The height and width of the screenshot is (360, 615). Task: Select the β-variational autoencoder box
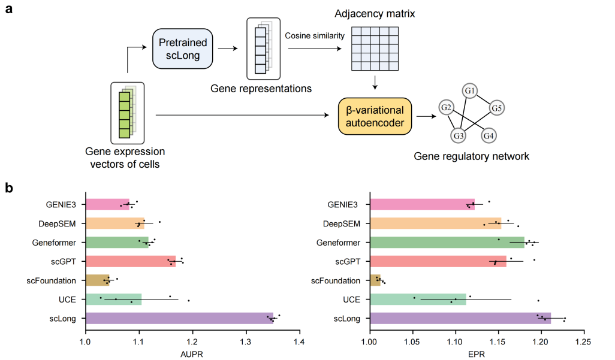point(375,116)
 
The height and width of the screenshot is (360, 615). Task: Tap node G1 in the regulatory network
point(470,91)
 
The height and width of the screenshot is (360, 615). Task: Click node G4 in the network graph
point(489,137)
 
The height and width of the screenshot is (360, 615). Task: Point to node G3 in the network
point(459,137)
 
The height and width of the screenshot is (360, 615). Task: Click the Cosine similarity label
point(315,36)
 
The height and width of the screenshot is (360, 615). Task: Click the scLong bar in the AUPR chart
point(179,318)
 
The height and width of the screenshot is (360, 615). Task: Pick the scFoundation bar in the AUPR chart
point(98,280)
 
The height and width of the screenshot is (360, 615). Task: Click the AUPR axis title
point(192,354)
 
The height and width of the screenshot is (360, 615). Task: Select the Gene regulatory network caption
point(471,156)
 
